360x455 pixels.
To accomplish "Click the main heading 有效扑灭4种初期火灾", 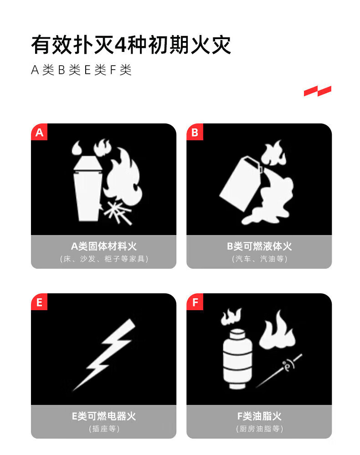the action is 131,45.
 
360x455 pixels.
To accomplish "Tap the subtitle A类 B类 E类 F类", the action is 81,70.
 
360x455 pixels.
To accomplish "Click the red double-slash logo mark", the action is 318,91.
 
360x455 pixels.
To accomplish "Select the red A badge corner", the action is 39,132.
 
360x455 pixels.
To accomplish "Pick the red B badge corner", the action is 195,132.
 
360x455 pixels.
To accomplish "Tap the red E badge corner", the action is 39,302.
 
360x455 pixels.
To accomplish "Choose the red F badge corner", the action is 195,302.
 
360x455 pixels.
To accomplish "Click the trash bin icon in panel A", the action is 87,189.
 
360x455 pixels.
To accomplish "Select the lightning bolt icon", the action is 104,355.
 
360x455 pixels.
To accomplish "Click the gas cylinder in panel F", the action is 237,358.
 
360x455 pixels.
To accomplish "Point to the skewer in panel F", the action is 279,371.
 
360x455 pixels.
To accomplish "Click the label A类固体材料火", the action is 104,246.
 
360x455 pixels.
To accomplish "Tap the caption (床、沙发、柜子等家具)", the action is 104,259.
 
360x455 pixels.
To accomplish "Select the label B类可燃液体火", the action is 259,246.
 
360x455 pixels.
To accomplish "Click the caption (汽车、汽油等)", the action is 259,259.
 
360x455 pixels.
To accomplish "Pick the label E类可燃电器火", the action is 104,416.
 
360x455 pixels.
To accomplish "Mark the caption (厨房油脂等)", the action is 259,429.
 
